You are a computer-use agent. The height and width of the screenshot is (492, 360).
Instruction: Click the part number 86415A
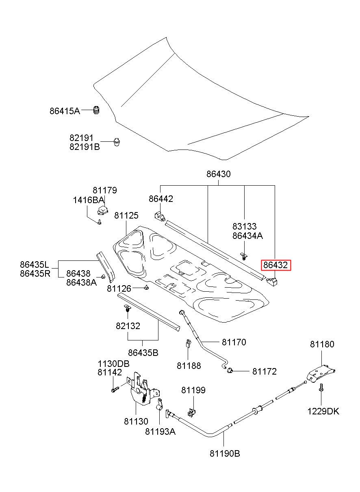(65, 111)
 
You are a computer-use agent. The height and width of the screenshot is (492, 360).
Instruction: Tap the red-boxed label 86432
(275, 265)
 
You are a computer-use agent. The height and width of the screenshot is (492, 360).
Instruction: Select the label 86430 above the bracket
(218, 174)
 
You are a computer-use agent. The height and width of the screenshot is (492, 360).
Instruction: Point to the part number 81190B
(225, 453)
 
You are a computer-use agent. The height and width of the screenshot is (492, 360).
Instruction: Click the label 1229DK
(323, 411)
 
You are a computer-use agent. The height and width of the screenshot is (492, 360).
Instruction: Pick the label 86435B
(143, 353)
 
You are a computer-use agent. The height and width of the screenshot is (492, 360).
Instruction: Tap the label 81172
(264, 371)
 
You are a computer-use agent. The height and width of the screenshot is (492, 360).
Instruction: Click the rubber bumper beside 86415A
(96, 110)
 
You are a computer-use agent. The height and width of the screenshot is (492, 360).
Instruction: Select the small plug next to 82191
(117, 142)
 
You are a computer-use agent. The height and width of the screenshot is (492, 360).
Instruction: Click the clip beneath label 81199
(192, 412)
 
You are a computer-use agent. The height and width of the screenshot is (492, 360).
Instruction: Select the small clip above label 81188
(188, 344)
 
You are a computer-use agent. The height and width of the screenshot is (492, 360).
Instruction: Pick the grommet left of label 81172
(230, 371)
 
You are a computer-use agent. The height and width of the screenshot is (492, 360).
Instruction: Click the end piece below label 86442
(160, 215)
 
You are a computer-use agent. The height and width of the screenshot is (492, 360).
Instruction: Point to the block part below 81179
(102, 210)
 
